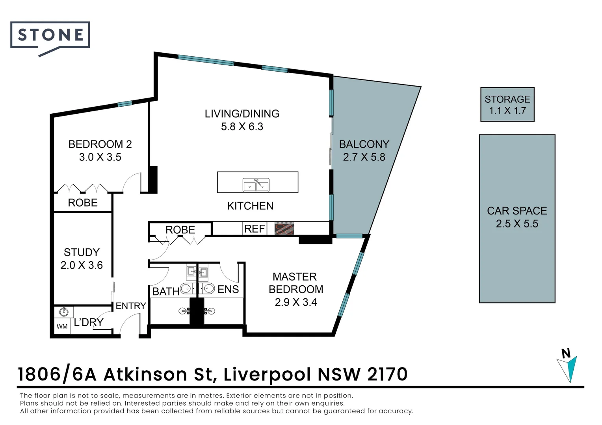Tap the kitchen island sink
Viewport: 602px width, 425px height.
tap(256, 185)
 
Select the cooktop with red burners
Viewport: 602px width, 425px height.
tap(284, 229)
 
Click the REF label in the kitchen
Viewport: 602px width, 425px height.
tap(255, 229)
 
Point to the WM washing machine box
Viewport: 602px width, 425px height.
tap(62, 326)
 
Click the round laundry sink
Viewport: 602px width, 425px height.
tap(64, 312)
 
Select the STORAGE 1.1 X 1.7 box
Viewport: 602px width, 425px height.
tap(507, 104)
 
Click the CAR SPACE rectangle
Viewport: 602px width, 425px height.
tap(517, 219)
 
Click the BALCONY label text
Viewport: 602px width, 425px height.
tap(364, 144)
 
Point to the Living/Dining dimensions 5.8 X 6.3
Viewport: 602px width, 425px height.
tap(242, 127)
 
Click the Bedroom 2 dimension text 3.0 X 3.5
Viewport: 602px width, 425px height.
tap(100, 157)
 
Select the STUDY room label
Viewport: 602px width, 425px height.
tap(82, 252)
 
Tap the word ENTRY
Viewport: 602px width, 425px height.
tap(131, 306)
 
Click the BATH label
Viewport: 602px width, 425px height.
tap(166, 292)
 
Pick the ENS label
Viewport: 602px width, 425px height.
tap(228, 289)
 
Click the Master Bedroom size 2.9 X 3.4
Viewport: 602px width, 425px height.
tap(296, 302)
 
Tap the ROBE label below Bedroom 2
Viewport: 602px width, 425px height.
tap(83, 203)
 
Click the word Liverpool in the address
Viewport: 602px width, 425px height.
tap(267, 375)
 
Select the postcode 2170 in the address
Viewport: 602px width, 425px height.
tap(387, 374)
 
